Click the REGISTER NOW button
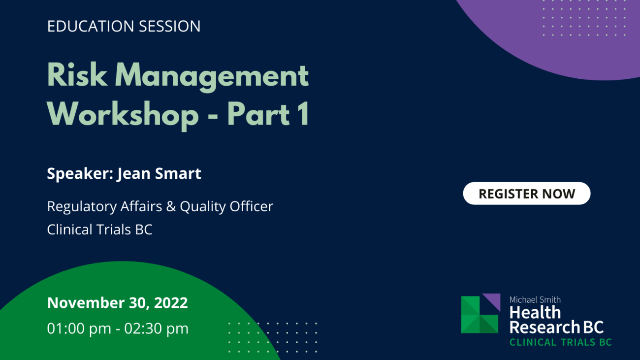(527, 194)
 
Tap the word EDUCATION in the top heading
(91, 26)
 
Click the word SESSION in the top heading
(170, 26)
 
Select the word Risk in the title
(77, 75)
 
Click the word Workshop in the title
(123, 116)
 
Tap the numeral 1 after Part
(303, 114)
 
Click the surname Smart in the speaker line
(178, 173)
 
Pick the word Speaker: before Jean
(80, 174)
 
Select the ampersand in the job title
(171, 206)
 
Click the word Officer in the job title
(252, 206)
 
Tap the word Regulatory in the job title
(82, 207)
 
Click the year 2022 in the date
(171, 303)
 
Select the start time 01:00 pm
(79, 328)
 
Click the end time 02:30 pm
(156, 328)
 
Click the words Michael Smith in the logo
(535, 300)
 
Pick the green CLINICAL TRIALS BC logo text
(561, 342)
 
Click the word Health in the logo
(535, 312)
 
